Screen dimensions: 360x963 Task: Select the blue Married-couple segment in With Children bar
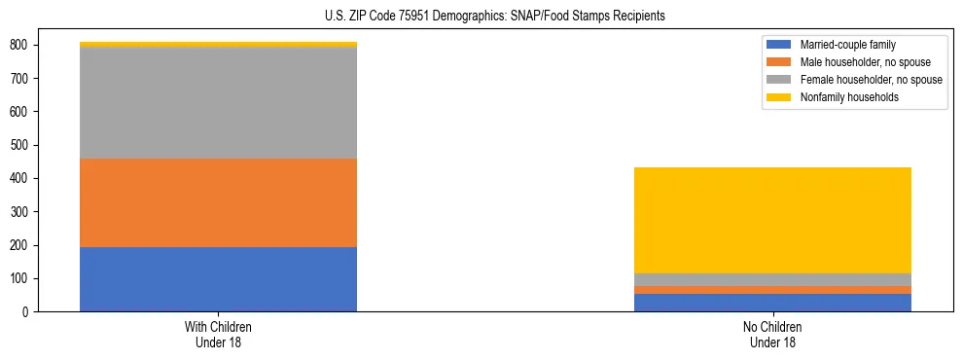point(218,279)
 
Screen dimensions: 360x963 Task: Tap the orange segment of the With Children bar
point(218,202)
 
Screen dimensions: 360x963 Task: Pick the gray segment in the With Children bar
point(218,102)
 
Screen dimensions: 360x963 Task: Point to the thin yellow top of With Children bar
point(218,44)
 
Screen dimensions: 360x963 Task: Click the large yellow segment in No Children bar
point(772,220)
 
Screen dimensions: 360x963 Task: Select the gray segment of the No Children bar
point(772,280)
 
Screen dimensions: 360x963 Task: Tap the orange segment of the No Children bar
point(772,290)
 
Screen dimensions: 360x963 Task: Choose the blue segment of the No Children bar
point(772,303)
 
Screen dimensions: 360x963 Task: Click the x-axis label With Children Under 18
point(218,334)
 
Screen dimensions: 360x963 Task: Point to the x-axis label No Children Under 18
point(772,334)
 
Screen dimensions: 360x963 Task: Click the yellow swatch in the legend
point(779,97)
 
